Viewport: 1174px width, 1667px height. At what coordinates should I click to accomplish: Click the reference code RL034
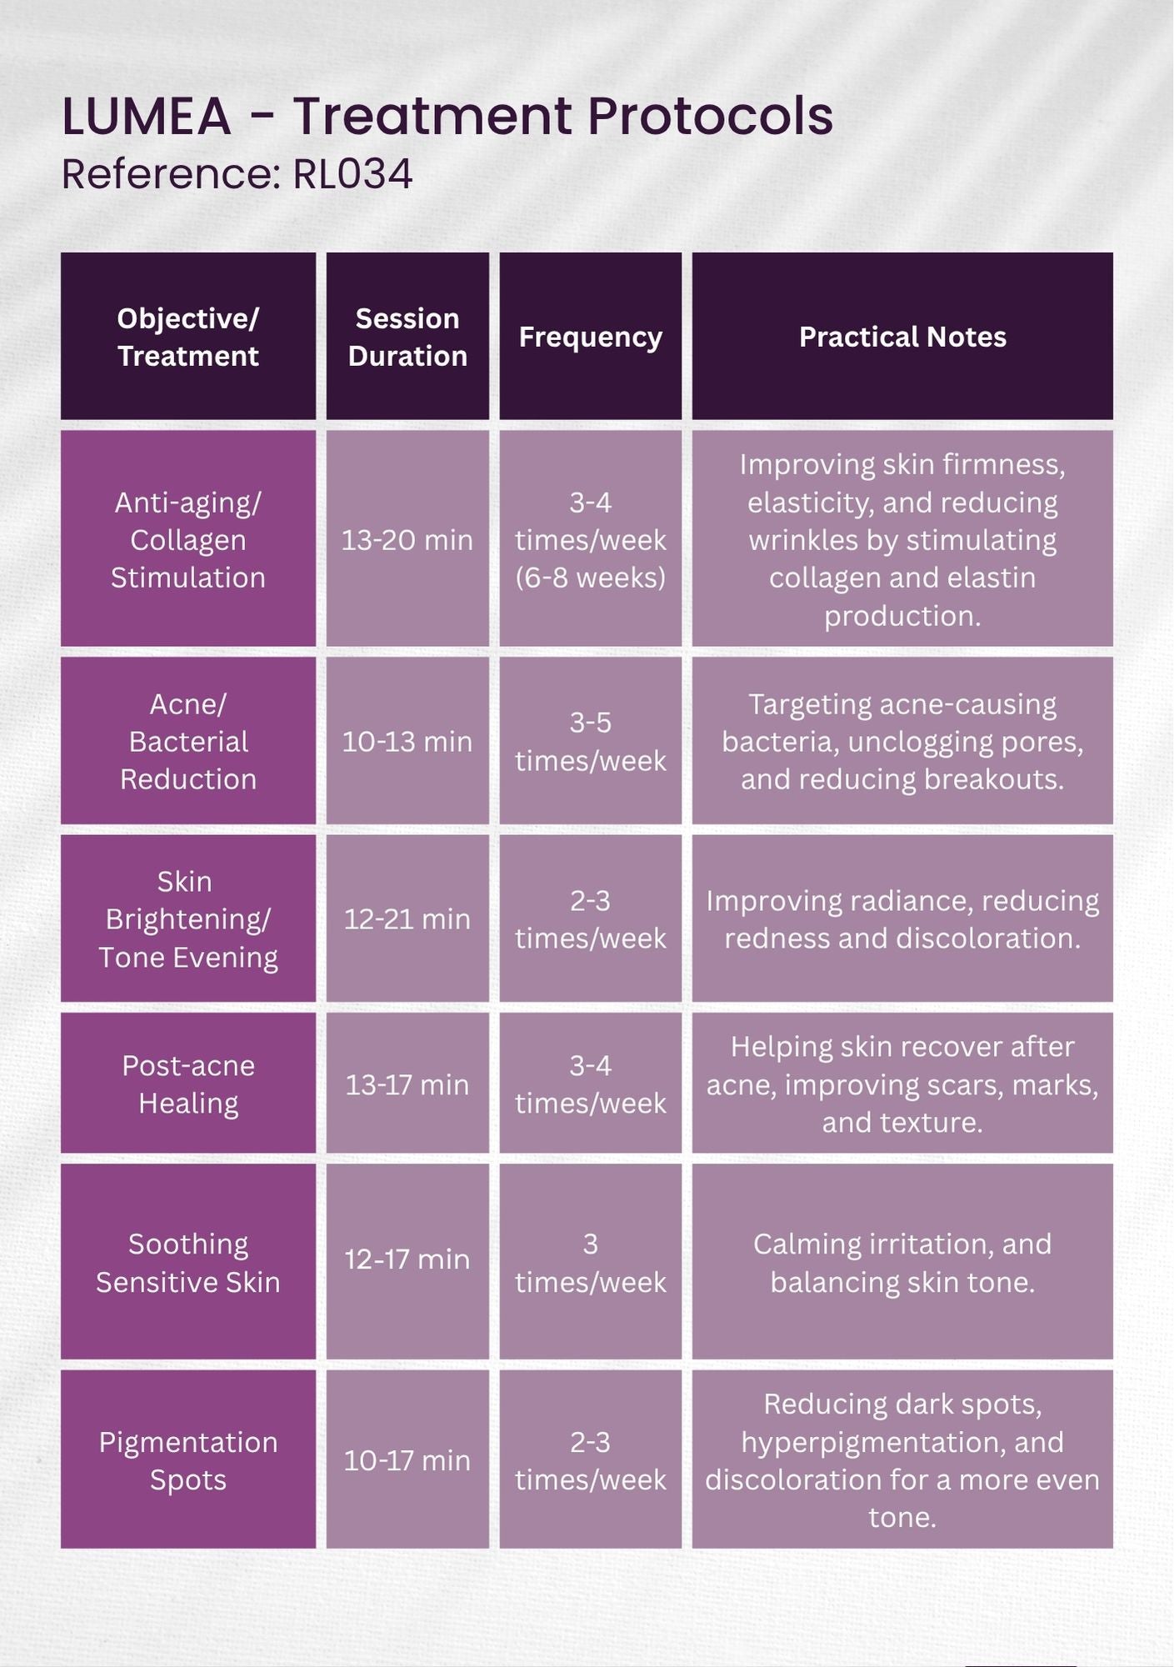(352, 175)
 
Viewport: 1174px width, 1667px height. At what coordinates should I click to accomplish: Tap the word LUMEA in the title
(146, 116)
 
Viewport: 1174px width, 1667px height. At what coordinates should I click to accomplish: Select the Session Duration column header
(407, 337)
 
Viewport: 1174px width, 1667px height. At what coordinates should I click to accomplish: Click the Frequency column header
(590, 337)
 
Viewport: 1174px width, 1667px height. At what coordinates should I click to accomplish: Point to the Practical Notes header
(902, 337)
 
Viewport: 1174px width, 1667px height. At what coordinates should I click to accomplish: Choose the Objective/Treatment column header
(188, 337)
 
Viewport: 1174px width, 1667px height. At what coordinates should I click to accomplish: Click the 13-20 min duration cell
(407, 540)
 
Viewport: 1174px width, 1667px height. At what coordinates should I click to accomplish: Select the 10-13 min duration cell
(407, 742)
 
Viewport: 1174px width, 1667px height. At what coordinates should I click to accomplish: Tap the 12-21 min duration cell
(407, 919)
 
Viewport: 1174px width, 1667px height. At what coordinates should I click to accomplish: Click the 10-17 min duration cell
(407, 1460)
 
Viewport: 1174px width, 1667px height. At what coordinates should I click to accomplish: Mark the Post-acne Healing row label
(188, 1084)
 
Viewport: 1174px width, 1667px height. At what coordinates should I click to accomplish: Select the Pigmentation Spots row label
(188, 1461)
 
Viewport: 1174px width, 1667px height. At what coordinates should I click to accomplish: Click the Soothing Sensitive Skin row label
(188, 1263)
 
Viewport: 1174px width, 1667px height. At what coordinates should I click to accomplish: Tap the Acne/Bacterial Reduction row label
(188, 742)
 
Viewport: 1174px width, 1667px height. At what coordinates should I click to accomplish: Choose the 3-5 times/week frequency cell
(591, 742)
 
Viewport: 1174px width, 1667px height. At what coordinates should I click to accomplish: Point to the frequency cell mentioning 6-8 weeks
(591, 540)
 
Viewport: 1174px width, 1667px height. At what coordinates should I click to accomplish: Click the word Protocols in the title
(710, 116)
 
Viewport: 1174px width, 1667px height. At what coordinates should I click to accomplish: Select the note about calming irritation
(902, 1263)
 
